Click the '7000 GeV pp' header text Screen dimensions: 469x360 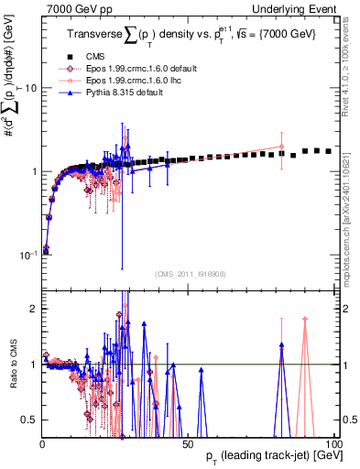(74, 8)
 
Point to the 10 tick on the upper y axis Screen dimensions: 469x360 (30, 88)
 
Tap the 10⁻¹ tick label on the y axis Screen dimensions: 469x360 (27, 255)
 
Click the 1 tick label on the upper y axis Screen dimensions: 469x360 (33, 171)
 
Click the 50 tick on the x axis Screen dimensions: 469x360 (187, 442)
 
